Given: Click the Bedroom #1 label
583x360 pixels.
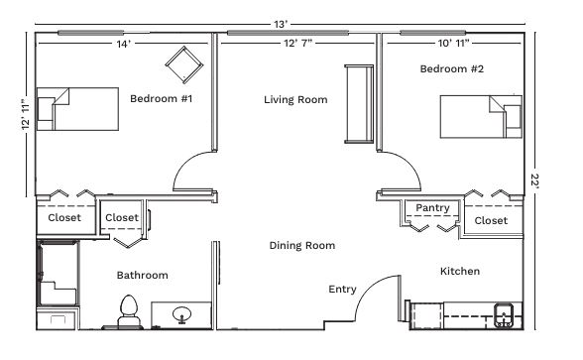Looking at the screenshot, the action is (161, 98).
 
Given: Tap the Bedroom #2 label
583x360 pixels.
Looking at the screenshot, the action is (452, 68).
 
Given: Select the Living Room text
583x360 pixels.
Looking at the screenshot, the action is (295, 99).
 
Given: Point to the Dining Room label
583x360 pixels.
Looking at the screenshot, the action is (301, 246).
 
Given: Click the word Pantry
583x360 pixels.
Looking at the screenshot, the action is (432, 208).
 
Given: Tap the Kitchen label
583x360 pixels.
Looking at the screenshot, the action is (460, 271).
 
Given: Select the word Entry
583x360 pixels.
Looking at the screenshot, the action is (342, 290).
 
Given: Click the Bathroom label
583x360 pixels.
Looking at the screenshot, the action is (143, 276).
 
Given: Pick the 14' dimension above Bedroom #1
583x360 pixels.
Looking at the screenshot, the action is (123, 44).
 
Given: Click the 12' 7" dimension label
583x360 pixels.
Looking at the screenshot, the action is (297, 44).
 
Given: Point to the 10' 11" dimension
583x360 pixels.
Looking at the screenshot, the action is (454, 44).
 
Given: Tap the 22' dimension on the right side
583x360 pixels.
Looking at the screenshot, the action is (535, 181).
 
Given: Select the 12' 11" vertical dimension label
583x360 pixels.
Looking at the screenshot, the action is (26, 115).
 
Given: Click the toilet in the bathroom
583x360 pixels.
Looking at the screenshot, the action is (129, 311).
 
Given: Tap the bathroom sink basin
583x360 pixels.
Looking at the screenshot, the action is (181, 314).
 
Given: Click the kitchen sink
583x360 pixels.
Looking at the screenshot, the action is (504, 315).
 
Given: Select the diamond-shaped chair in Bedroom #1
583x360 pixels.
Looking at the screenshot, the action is (184, 65).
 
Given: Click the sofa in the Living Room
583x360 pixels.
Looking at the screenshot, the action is (359, 104).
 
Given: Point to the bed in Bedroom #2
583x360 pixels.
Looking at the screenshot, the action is (481, 117).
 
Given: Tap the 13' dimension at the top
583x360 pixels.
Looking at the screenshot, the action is (281, 25).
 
